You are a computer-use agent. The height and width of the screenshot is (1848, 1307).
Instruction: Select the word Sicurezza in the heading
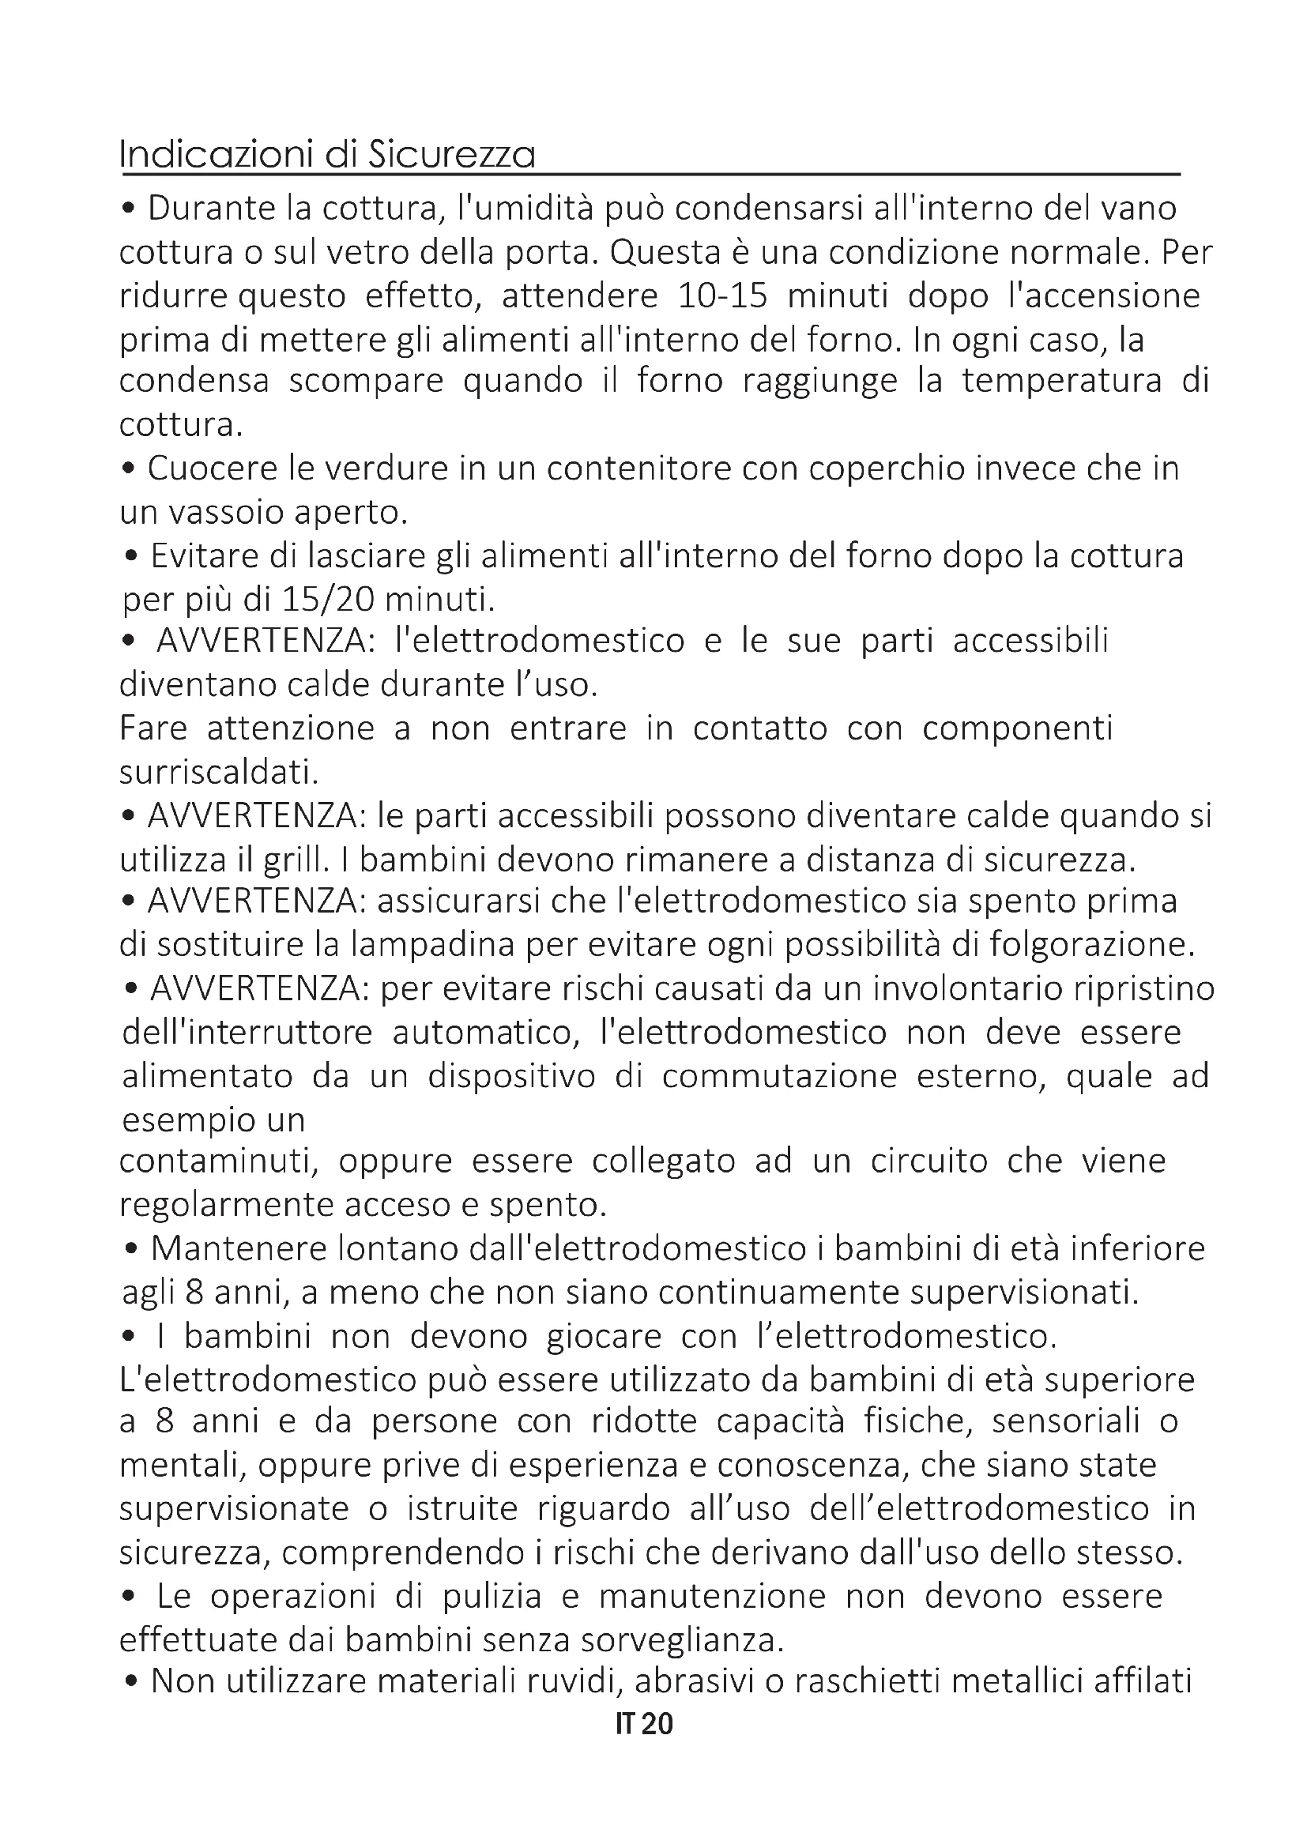451,155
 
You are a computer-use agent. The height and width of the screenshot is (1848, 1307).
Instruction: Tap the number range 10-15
722,296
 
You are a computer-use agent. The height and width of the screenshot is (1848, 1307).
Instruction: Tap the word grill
297,860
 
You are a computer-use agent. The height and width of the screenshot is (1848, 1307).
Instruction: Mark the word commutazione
779,1076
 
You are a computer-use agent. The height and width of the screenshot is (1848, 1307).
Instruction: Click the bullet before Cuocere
129,469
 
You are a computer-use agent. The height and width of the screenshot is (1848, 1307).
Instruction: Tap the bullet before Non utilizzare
130,1682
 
